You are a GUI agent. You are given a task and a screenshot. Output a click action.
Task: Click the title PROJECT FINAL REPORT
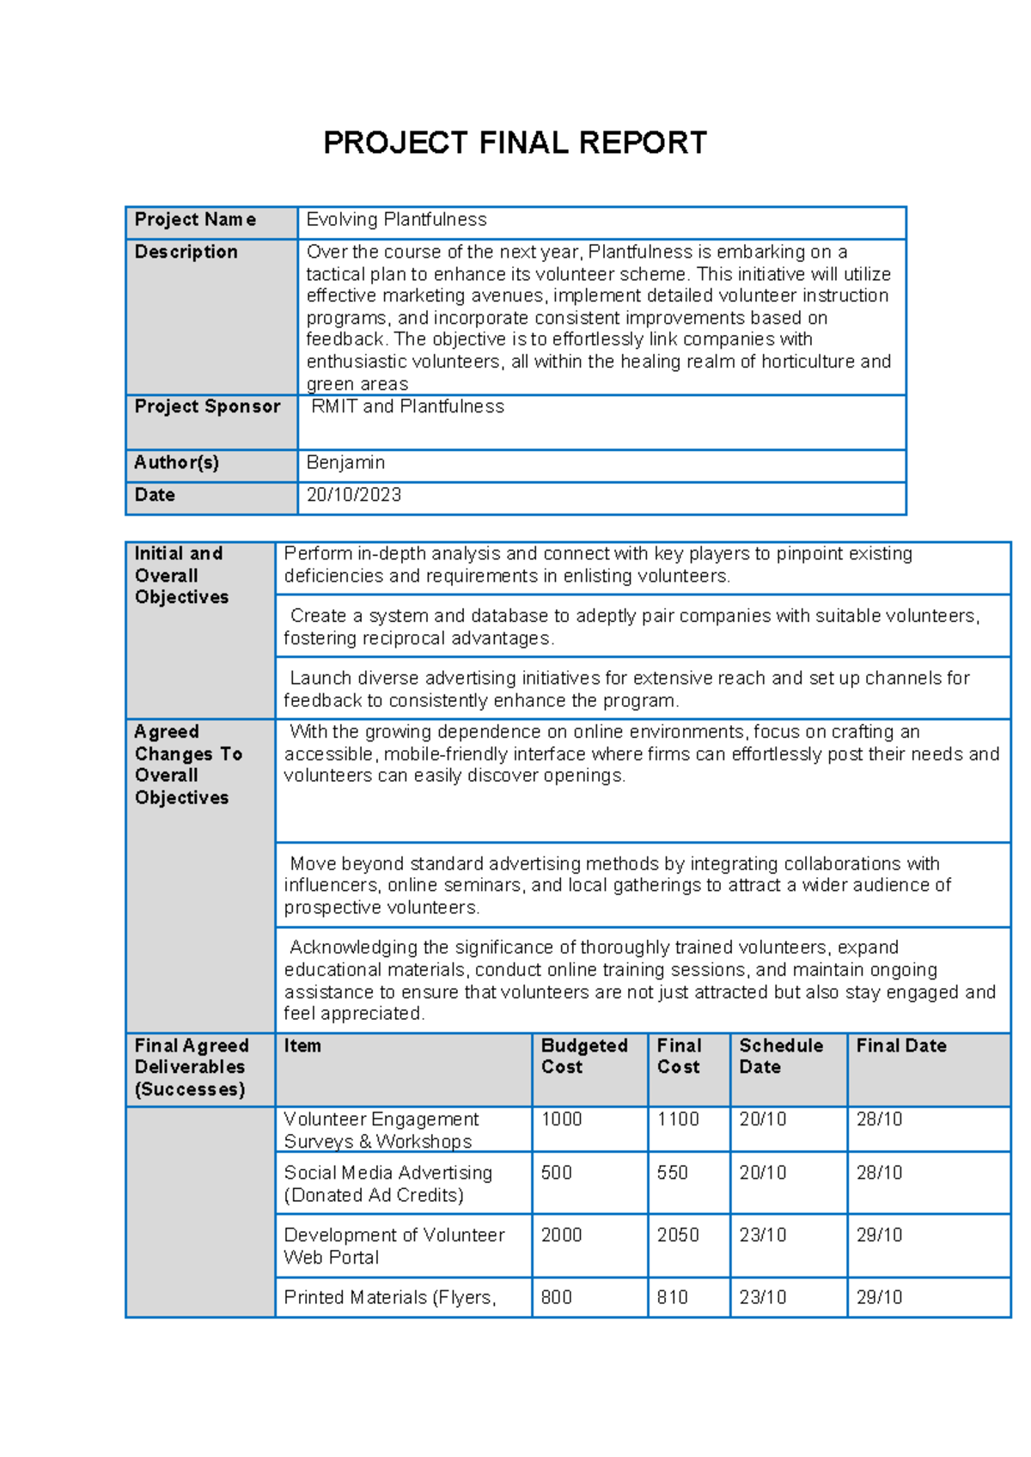click(515, 143)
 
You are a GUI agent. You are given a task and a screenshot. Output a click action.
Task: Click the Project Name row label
click(195, 220)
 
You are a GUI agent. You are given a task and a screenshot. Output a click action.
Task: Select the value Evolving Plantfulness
click(396, 220)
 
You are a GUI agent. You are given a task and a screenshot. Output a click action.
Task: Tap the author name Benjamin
click(345, 463)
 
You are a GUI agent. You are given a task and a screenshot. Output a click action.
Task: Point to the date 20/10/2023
click(354, 496)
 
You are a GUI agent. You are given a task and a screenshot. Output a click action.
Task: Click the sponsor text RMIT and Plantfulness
click(407, 407)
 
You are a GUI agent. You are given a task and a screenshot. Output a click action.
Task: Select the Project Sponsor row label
click(207, 407)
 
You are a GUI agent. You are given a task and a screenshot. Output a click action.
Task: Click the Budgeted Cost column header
click(584, 1057)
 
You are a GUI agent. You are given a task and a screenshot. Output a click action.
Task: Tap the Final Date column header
click(901, 1046)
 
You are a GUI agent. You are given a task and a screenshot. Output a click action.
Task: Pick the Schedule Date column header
click(780, 1057)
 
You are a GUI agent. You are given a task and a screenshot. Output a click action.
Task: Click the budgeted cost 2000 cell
click(561, 1235)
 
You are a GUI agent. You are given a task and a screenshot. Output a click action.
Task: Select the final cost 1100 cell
click(678, 1119)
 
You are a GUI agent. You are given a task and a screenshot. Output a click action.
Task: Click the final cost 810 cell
click(672, 1297)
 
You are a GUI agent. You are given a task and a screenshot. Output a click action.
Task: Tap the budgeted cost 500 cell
click(557, 1173)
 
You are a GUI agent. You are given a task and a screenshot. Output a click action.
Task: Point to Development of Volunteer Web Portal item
click(393, 1246)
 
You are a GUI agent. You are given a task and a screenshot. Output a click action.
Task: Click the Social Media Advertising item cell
click(387, 1184)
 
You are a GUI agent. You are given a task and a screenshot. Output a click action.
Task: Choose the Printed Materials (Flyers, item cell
click(390, 1297)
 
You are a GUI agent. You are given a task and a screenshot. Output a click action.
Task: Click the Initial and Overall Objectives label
click(181, 576)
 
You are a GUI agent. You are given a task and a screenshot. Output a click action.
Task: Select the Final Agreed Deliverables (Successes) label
click(192, 1068)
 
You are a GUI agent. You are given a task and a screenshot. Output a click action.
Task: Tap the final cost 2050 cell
click(678, 1235)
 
